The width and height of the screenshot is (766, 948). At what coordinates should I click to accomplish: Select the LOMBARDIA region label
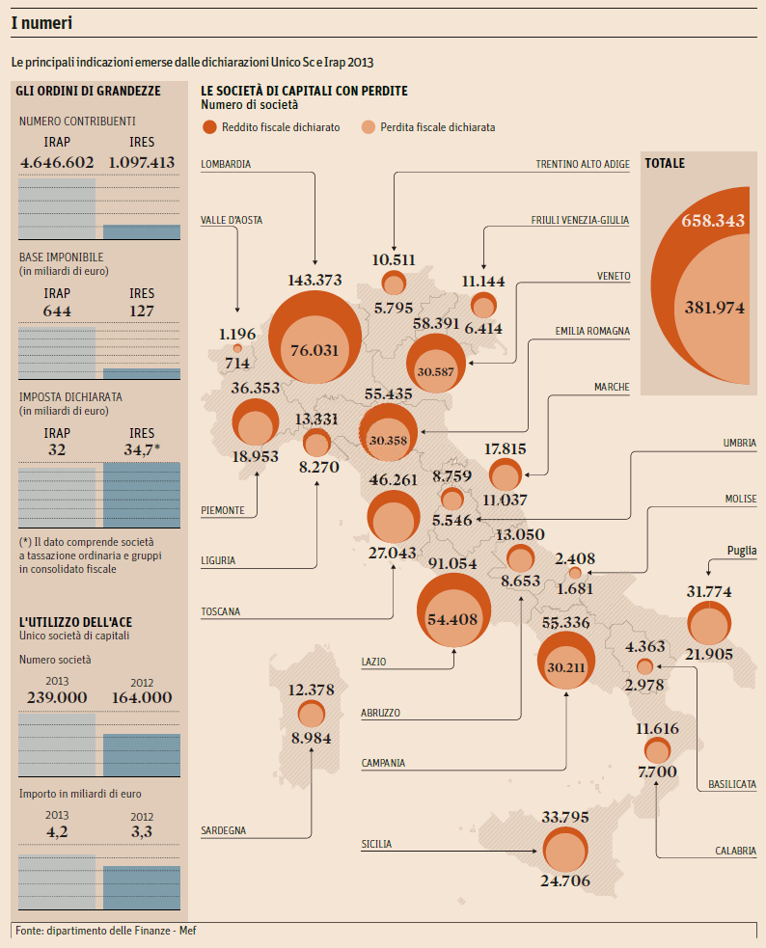226,164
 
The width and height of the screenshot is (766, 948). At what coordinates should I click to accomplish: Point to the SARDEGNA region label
223,830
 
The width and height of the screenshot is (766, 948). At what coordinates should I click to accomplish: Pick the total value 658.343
713,220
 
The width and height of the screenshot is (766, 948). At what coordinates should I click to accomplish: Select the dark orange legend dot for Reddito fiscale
209,127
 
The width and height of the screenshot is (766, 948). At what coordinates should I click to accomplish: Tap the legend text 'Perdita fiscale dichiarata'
438,127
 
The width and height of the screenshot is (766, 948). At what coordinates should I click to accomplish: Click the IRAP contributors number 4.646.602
57,162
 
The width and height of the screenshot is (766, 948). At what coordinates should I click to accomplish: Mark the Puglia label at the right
741,551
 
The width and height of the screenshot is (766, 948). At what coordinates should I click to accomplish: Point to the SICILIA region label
376,844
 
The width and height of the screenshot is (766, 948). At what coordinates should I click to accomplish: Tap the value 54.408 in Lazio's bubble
452,619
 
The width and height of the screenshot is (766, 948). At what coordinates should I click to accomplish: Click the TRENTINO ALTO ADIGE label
582,164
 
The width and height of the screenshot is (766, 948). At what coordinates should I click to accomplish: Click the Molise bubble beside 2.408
575,574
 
